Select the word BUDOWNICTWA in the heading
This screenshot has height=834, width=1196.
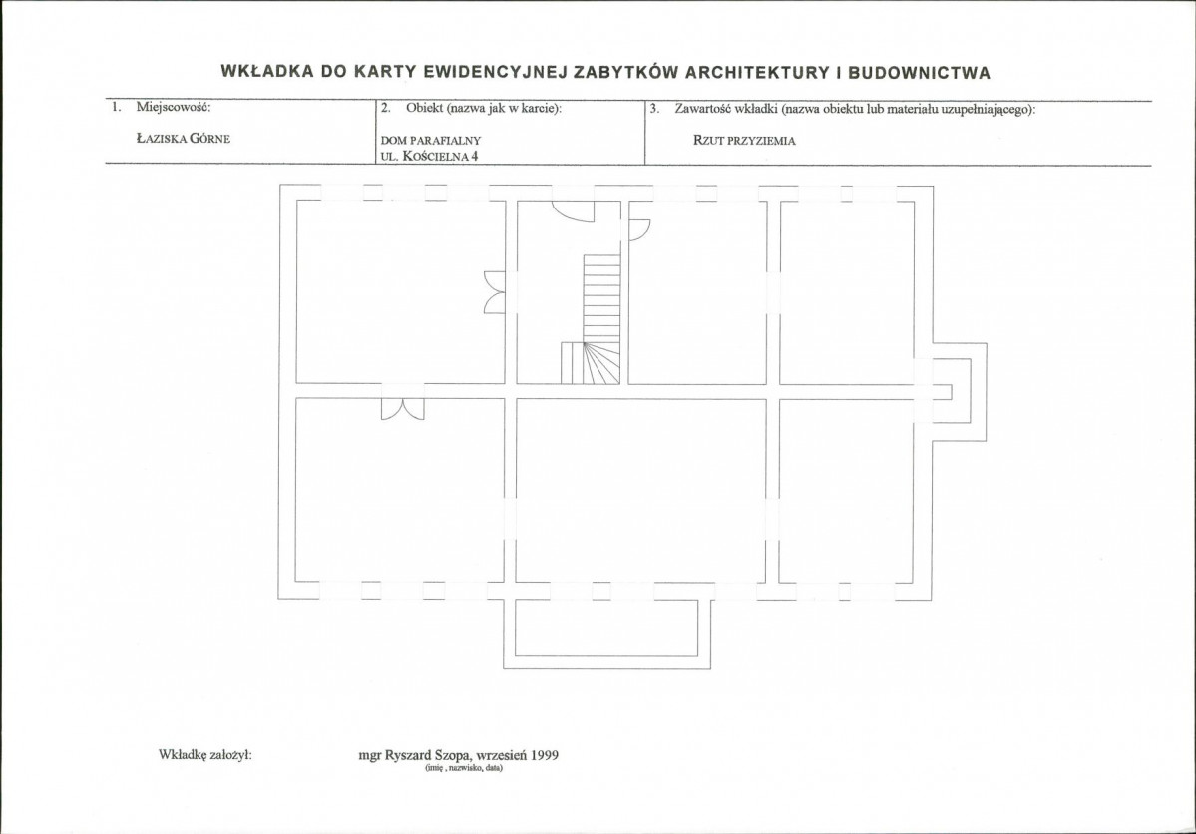tap(919, 73)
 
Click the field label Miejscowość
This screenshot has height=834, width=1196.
tap(174, 106)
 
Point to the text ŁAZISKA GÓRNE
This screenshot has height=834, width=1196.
tap(184, 138)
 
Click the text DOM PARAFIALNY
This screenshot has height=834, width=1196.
tap(431, 141)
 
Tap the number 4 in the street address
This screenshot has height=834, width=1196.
tap(475, 157)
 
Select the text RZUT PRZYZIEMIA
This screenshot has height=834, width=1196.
tap(744, 141)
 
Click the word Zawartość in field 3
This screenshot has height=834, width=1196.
tap(702, 109)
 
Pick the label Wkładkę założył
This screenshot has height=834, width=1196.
tap(205, 754)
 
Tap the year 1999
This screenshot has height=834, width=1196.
tap(546, 755)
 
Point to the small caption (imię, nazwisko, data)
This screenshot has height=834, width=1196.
tap(464, 768)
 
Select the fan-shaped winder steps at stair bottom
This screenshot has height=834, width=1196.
tap(600, 363)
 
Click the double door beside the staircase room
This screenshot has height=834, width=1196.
tap(495, 292)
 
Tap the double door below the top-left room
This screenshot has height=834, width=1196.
tap(403, 409)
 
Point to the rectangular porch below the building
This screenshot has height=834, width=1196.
tap(607, 633)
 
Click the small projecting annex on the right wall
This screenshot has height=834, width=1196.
tap(959, 392)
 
